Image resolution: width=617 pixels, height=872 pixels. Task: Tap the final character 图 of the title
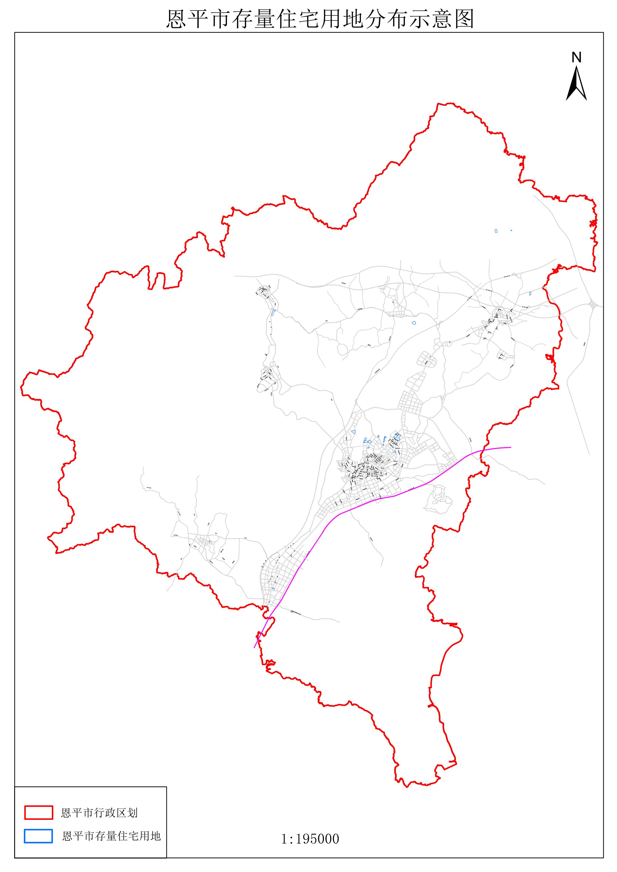(x=464, y=19)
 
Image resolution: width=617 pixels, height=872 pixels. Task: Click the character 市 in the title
(x=220, y=19)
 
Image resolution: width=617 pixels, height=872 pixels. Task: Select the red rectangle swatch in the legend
(x=38, y=813)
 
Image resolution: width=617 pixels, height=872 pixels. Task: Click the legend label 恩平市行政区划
(x=99, y=813)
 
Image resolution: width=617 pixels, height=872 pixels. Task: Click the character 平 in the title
(x=199, y=19)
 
